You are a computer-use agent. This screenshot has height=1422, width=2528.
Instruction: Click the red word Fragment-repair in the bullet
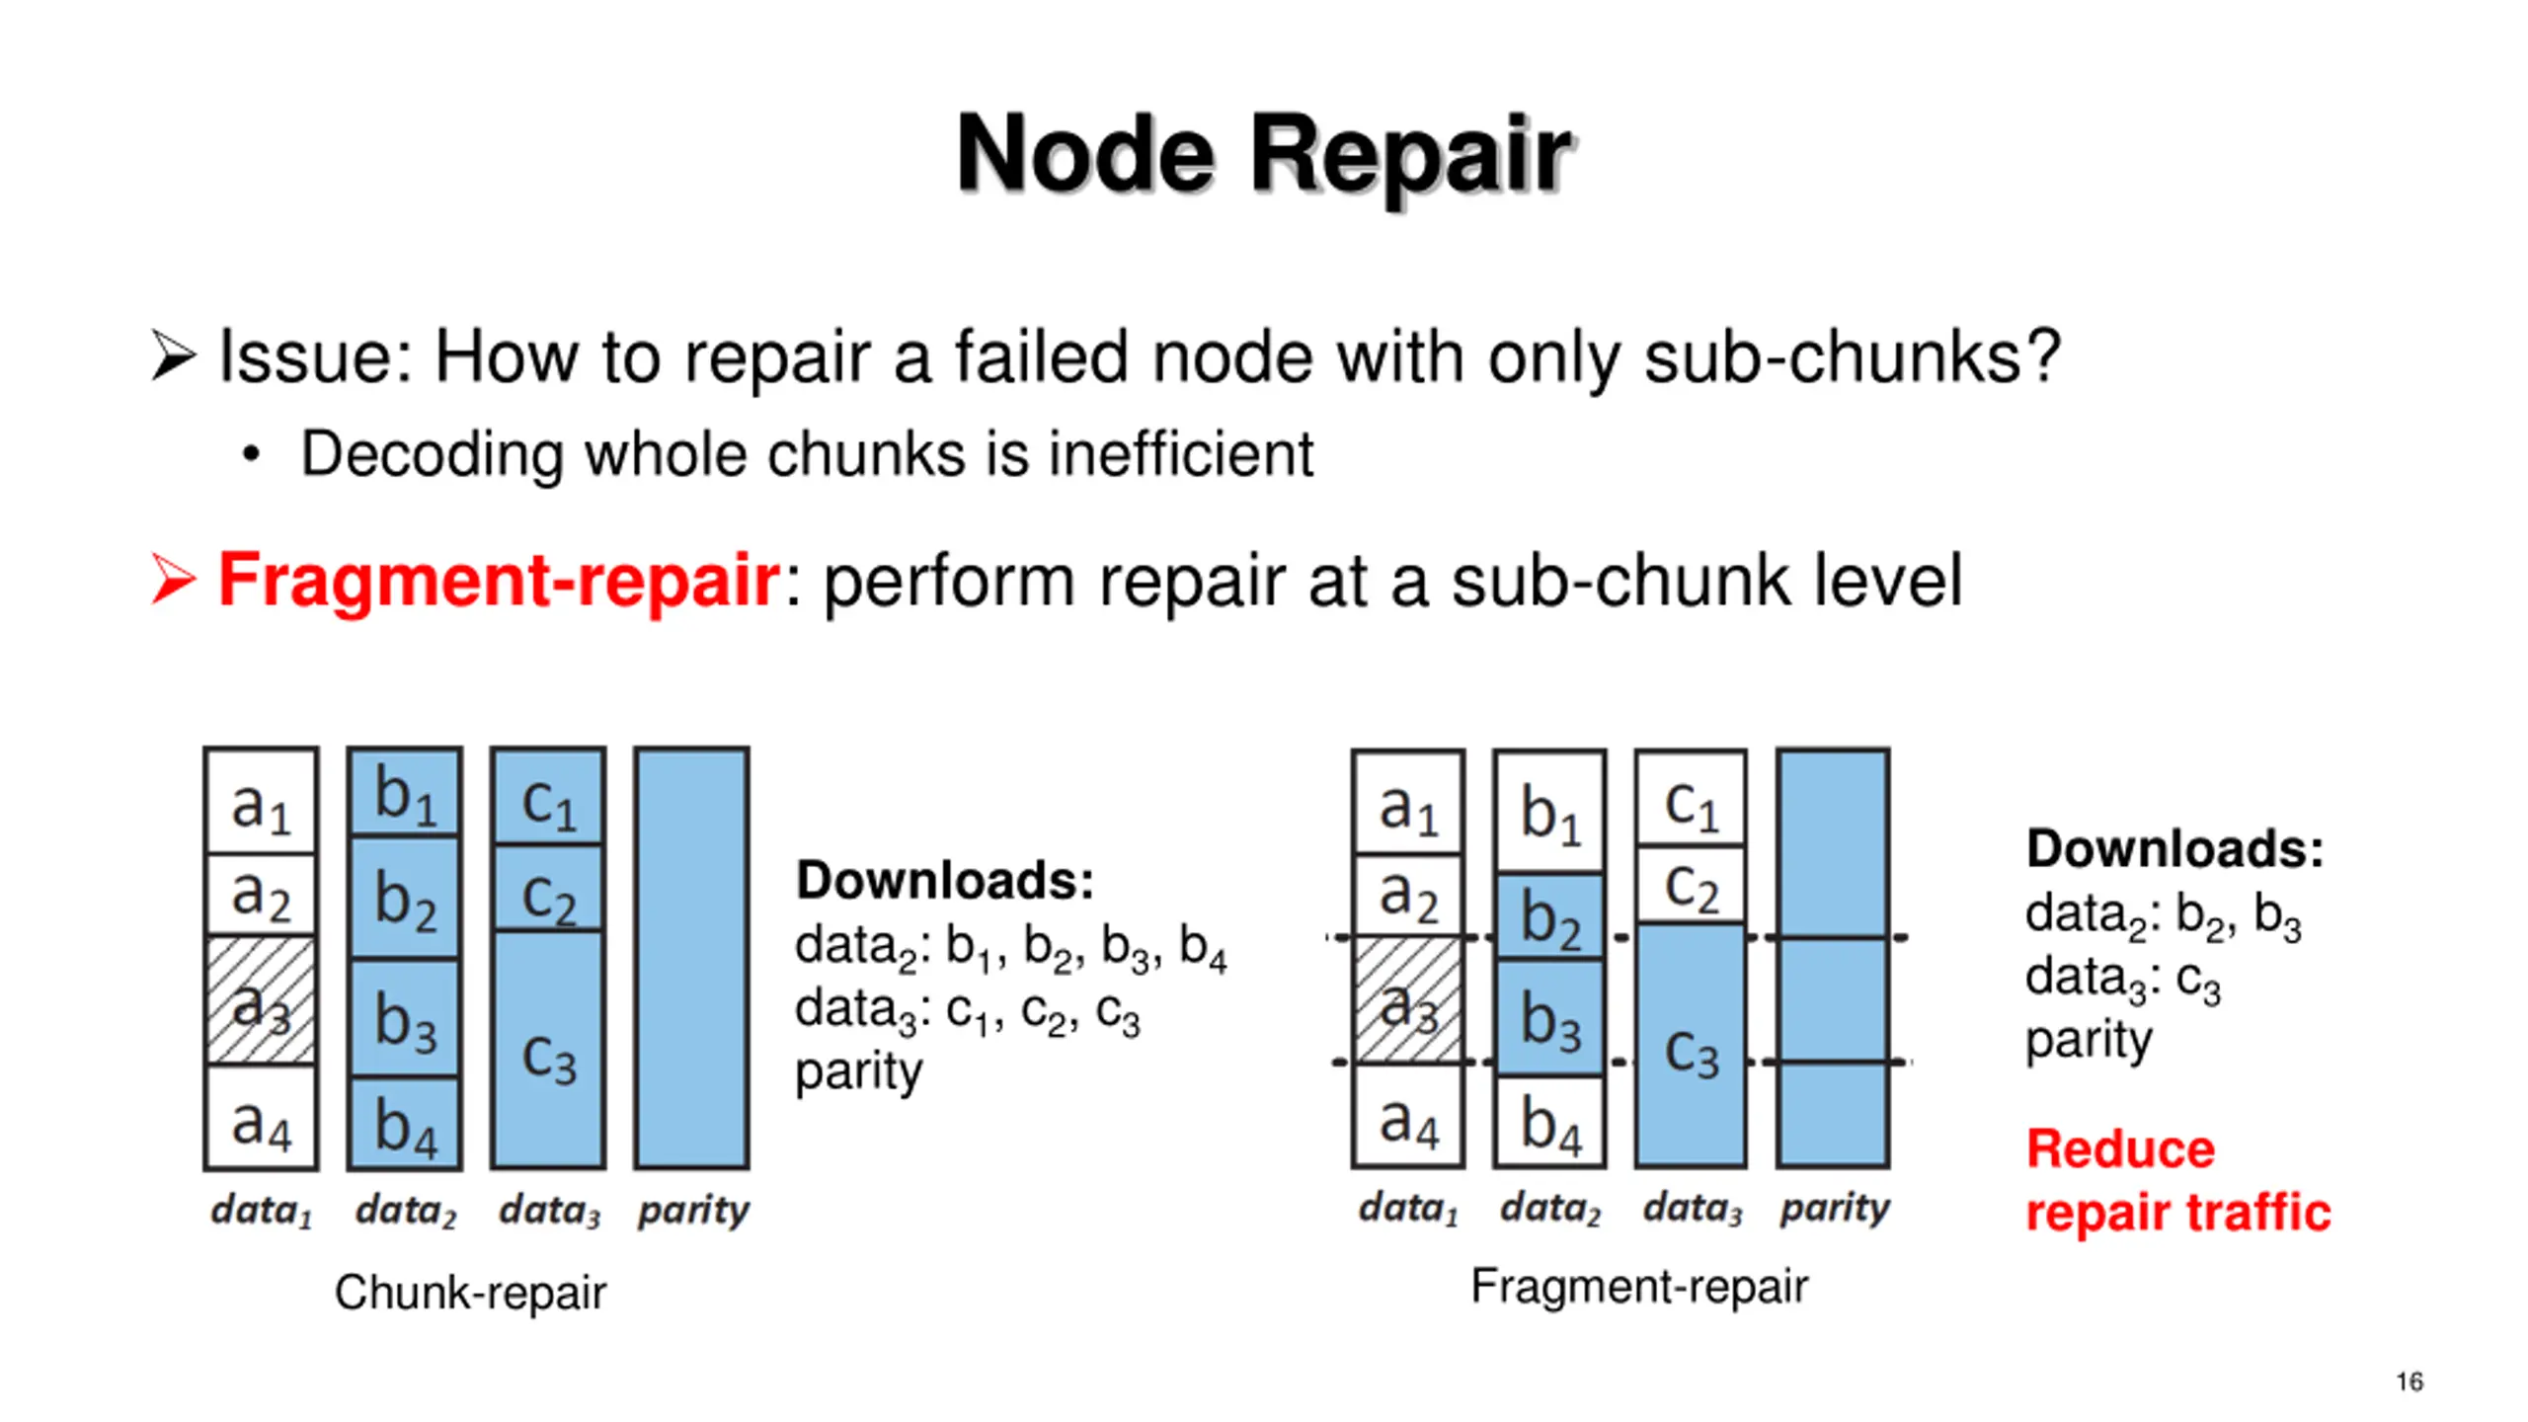(x=499, y=580)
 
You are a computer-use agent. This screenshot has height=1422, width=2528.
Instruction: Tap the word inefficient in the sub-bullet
(x=1180, y=454)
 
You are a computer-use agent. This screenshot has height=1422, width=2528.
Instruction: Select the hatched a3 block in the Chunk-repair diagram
(x=261, y=1000)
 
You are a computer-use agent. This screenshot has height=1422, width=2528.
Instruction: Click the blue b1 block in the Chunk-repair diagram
(x=405, y=792)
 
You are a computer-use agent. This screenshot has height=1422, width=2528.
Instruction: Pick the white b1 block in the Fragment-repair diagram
(x=1549, y=812)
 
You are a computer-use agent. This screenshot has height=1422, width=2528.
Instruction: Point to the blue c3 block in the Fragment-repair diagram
(x=1691, y=1046)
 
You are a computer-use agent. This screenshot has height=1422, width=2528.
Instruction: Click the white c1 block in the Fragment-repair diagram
(x=1691, y=798)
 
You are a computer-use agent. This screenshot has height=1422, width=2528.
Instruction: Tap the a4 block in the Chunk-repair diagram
(x=261, y=1117)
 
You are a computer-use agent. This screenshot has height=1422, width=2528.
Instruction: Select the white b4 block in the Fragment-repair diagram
(x=1549, y=1121)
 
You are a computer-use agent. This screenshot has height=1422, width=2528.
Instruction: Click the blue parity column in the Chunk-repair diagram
(x=691, y=958)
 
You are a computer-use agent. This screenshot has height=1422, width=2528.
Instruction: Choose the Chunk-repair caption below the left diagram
(x=470, y=1292)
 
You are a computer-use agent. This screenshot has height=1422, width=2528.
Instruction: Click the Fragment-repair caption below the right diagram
(x=1639, y=1286)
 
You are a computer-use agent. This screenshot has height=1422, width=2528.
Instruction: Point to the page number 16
(x=2409, y=1382)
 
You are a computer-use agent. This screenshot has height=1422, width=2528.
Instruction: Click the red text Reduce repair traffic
(x=2177, y=1180)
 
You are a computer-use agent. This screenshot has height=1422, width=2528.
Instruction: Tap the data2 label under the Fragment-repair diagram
(x=1549, y=1208)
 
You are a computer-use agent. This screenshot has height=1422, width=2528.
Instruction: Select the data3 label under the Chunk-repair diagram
(x=549, y=1211)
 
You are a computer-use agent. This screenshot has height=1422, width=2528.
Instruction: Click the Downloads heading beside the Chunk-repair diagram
(x=945, y=880)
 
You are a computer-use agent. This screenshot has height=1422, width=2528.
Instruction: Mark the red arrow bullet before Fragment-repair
(x=174, y=579)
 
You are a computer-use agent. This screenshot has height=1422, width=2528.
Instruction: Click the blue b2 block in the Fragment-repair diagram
(x=1549, y=916)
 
